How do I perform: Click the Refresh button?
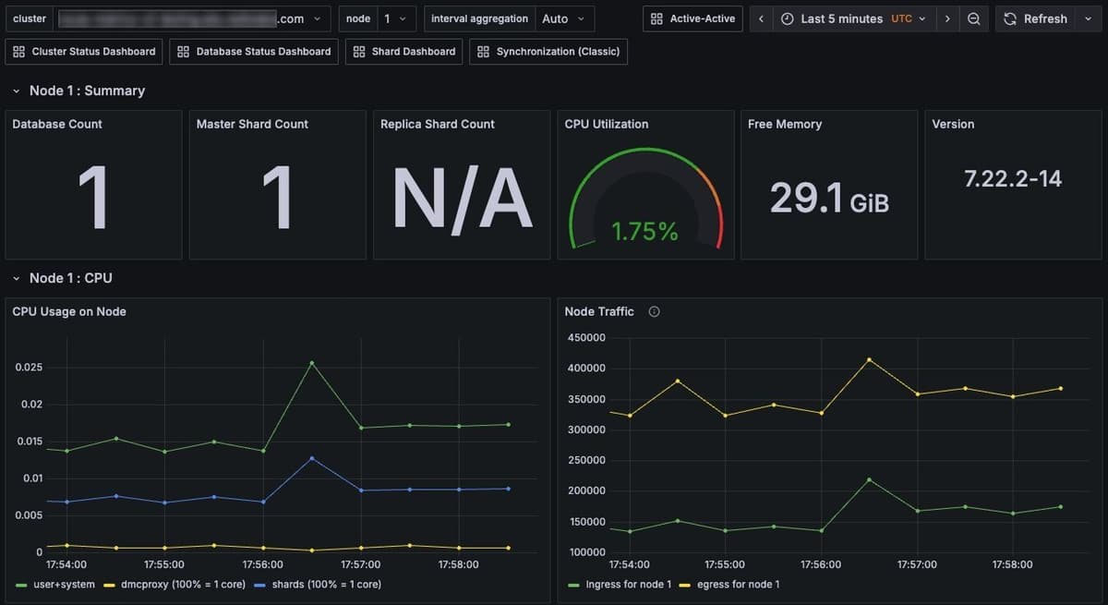click(1035, 18)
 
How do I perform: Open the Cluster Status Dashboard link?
click(85, 52)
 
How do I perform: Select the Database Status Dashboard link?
click(255, 52)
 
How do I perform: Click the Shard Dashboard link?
click(405, 52)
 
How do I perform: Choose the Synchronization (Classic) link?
click(548, 52)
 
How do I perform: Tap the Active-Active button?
click(692, 18)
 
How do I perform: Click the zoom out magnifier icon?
click(973, 18)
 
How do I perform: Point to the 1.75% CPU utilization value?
click(645, 232)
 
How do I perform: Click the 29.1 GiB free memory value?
click(829, 198)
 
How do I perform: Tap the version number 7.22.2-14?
click(1013, 179)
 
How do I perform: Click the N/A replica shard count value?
click(462, 199)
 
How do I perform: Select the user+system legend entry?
click(56, 584)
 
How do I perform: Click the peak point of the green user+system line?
click(312, 363)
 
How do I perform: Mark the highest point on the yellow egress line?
click(869, 359)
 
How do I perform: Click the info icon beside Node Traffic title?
click(654, 312)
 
